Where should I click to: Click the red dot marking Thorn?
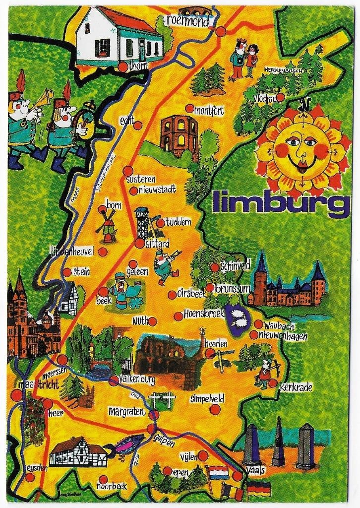[x=123, y=66]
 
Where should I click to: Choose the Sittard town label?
[x=157, y=244]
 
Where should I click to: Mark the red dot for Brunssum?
[x=210, y=288]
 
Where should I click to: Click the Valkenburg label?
[x=136, y=380]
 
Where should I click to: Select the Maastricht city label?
[x=38, y=384]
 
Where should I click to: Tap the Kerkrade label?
[x=296, y=387]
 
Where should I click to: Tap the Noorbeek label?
[x=112, y=487]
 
